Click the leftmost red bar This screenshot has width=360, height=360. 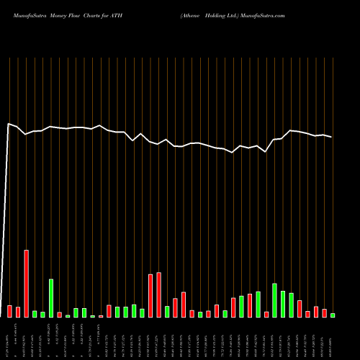[10, 311]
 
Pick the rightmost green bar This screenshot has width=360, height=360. [333, 315]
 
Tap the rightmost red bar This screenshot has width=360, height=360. [324, 312]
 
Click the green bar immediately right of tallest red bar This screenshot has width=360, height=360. [35, 313]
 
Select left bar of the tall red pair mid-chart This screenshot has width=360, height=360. [150, 295]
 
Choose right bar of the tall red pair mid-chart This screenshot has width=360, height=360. [158, 294]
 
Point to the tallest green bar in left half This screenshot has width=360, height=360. [51, 297]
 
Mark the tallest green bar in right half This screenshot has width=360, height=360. [274, 300]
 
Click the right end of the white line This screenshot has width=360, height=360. [332, 137]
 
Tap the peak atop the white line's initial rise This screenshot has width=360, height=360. [9, 124]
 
